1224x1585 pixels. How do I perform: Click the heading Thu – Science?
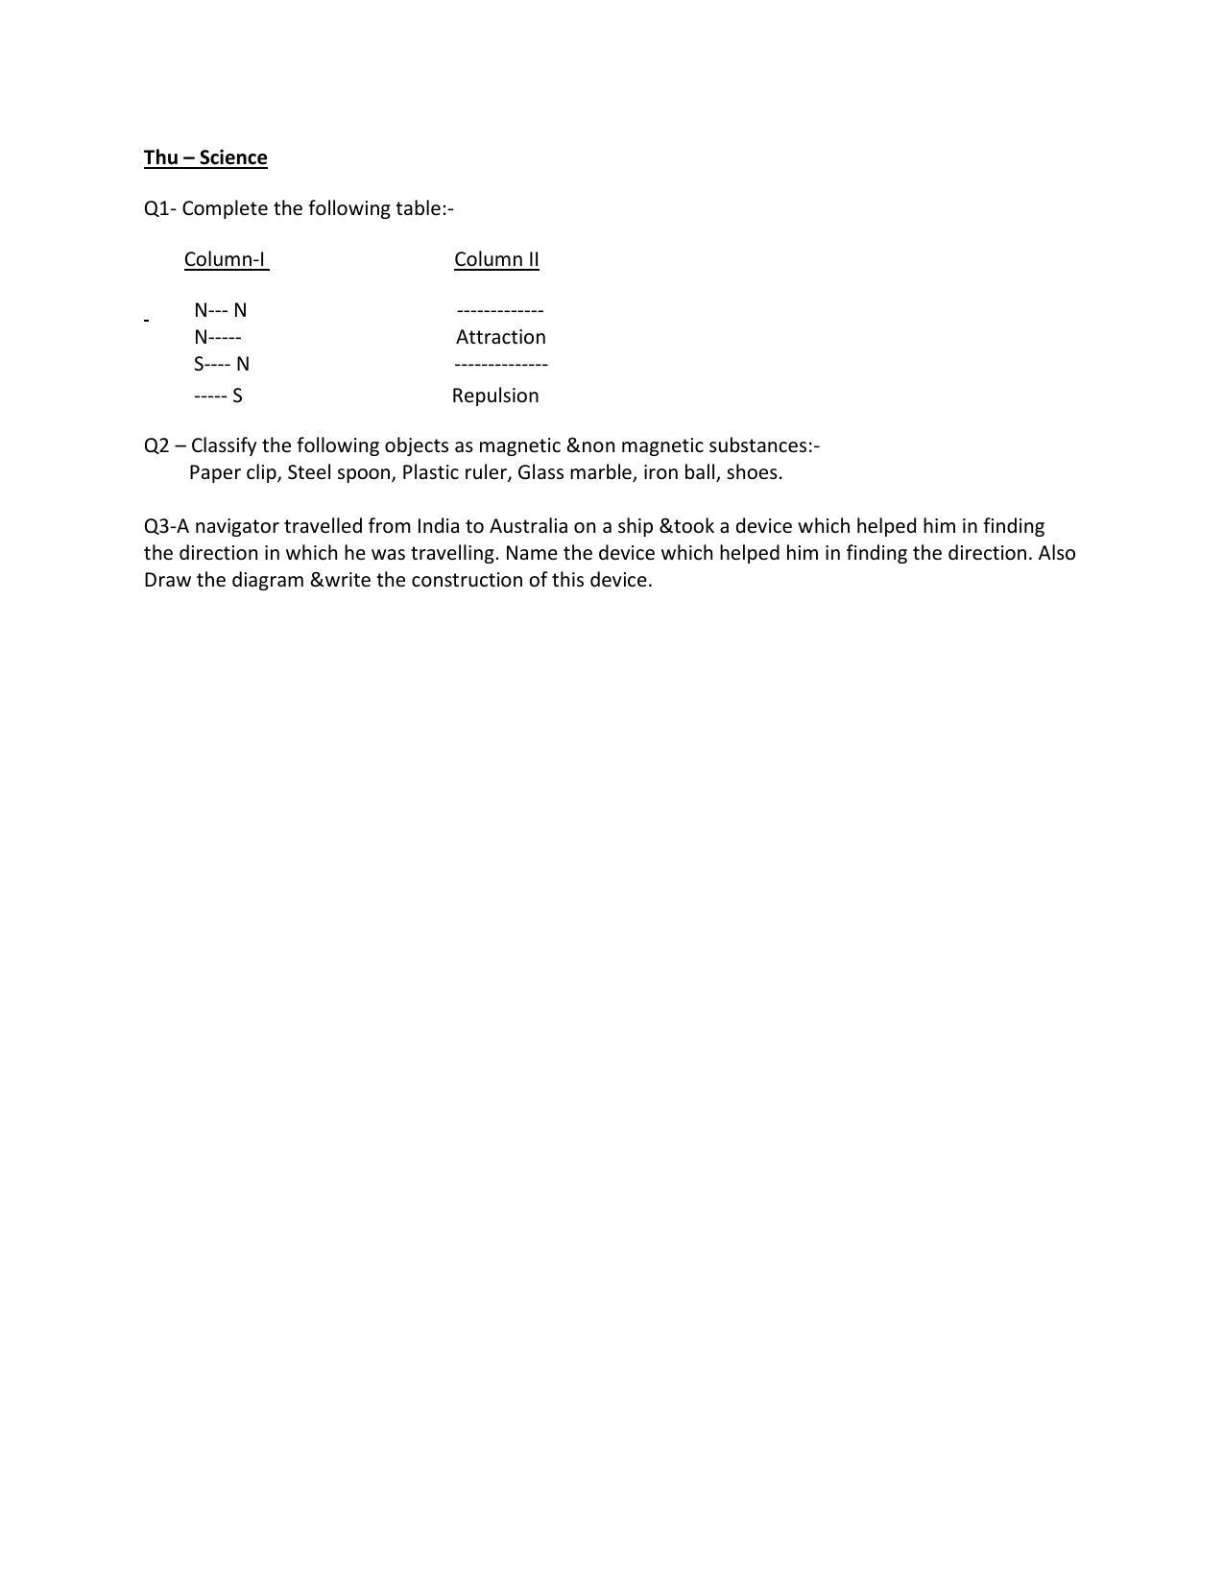205,157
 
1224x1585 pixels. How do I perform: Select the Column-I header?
226,259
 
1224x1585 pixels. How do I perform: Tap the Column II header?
496,259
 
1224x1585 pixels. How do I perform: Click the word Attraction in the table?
500,337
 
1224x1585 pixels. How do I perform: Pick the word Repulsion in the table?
495,396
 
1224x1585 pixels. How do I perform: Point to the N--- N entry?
220,310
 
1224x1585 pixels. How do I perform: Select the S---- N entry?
221,364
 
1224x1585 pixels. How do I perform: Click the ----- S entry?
217,396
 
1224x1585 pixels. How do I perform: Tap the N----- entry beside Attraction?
217,337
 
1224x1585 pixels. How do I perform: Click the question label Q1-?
159,208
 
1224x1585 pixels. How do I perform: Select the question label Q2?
156,445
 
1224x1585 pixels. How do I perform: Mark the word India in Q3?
438,526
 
